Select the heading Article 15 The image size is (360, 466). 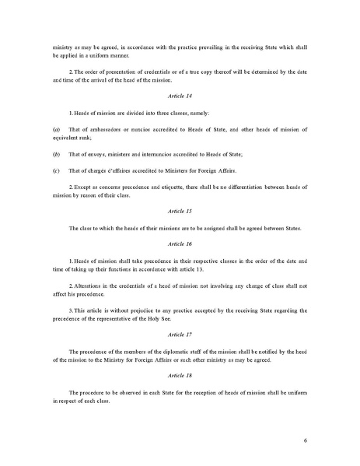tap(180, 211)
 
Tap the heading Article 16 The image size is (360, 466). tap(180, 243)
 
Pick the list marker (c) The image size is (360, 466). tap(56, 170)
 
